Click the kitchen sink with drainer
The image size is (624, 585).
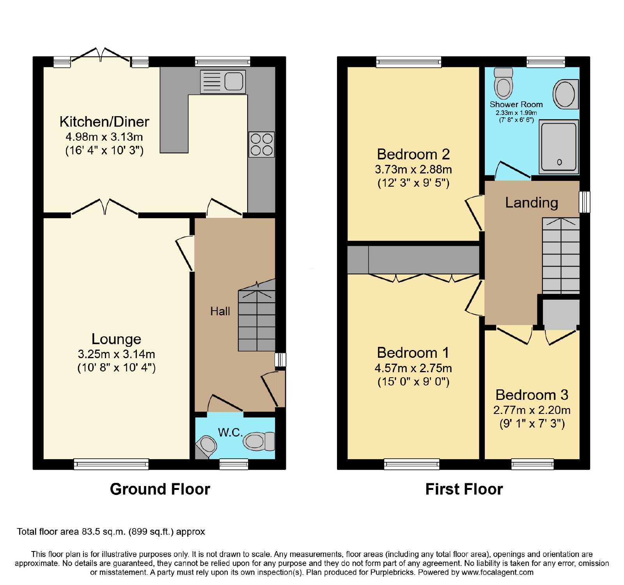[x=223, y=82]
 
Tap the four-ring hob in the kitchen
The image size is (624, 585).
[x=262, y=145]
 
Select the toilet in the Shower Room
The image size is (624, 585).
[x=503, y=83]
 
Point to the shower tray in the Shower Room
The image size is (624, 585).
[x=559, y=147]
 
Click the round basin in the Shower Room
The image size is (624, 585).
[x=565, y=94]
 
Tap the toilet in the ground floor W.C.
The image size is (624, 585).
[x=259, y=441]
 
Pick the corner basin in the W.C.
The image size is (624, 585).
[x=206, y=447]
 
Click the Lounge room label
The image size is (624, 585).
[x=116, y=339]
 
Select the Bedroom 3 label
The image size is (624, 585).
[x=532, y=395]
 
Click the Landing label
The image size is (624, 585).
[x=532, y=203]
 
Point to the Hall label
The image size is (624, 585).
[x=220, y=311]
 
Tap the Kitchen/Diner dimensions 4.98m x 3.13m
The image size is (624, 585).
[x=104, y=137]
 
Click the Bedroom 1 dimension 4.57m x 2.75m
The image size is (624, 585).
[x=413, y=368]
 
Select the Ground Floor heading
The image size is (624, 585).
[x=160, y=489]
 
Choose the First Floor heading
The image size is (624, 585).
[x=464, y=489]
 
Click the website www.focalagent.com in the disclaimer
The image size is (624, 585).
[x=497, y=573]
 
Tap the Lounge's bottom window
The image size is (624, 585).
[x=111, y=464]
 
